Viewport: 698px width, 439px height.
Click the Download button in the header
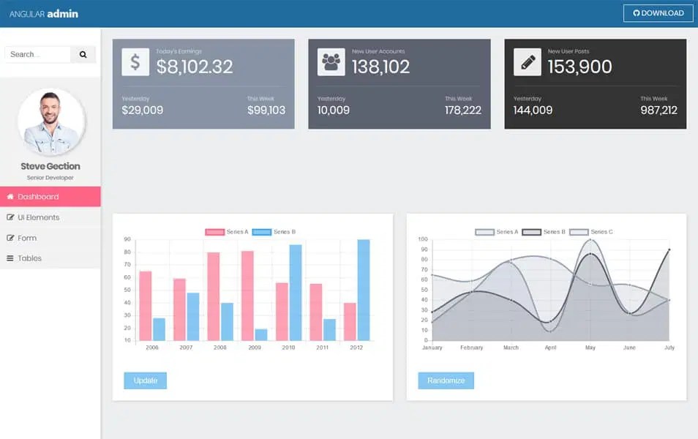(658, 13)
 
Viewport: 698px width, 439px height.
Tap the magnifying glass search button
(83, 54)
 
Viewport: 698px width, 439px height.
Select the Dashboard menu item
(50, 197)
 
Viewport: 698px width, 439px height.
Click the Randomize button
(446, 380)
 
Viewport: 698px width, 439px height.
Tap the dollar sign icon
(135, 62)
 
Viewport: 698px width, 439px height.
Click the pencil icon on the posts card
(528, 62)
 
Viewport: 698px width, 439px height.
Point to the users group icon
(331, 62)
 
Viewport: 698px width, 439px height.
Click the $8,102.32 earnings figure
(195, 67)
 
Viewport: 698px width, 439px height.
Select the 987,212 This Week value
(658, 110)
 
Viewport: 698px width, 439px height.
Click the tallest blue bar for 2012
(363, 290)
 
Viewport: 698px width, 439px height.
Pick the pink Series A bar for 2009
(247, 296)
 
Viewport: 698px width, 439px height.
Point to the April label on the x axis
(550, 348)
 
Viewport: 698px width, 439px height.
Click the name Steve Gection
(50, 166)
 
